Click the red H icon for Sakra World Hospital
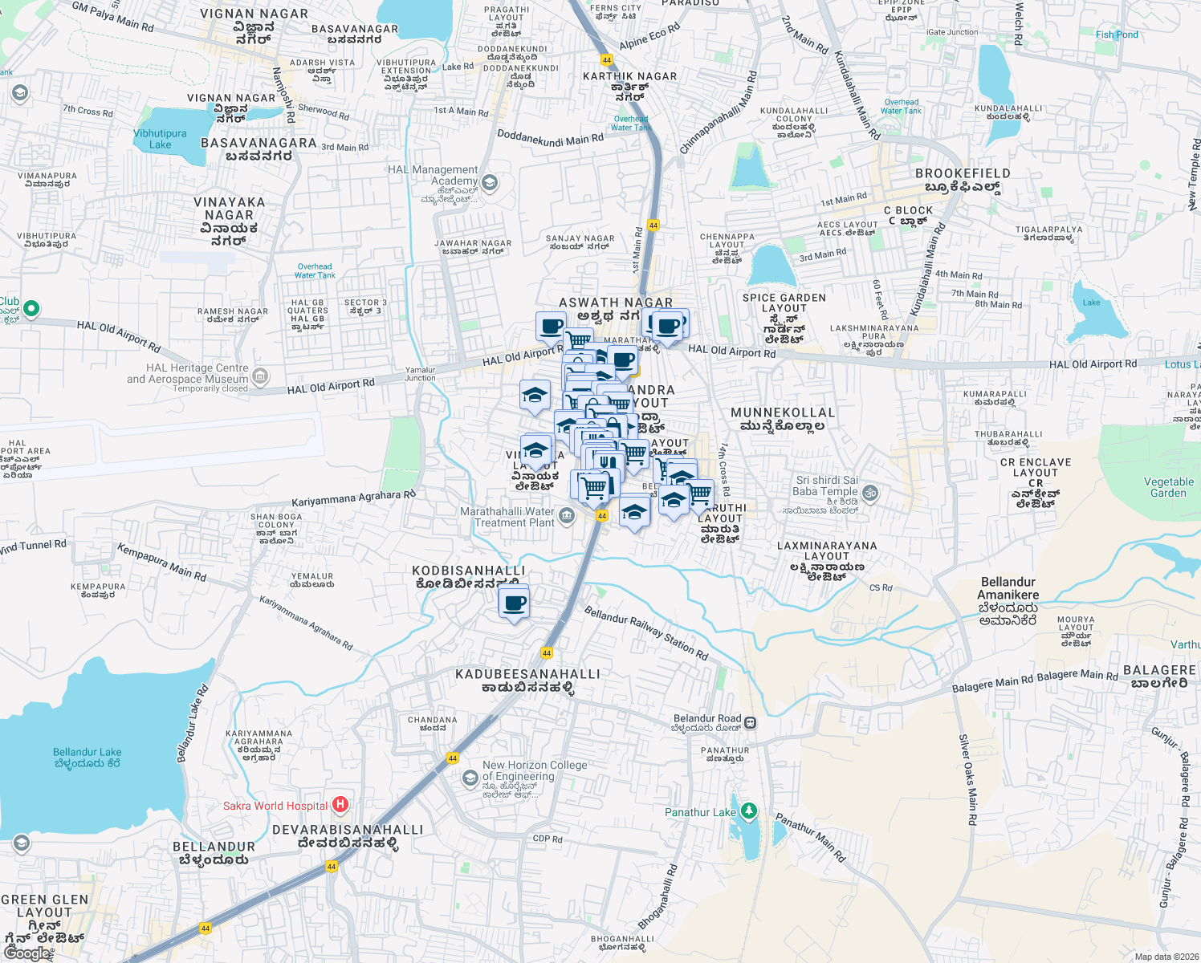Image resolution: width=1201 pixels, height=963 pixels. pos(340,804)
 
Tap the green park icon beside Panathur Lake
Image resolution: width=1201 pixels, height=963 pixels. pos(749,811)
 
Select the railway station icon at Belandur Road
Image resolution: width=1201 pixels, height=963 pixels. pos(750,722)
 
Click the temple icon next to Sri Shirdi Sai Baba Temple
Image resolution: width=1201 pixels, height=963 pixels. pos(870,492)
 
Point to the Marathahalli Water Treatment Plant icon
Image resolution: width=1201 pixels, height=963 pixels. pos(567,516)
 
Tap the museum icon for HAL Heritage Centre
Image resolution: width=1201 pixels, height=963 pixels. pos(260,376)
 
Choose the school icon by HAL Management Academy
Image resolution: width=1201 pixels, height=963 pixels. pos(490,183)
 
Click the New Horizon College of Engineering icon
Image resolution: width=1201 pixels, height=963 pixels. pos(470,778)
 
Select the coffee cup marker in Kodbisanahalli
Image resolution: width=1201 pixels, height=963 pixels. pos(514,603)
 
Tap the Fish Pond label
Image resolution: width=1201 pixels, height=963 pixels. pos(1117,35)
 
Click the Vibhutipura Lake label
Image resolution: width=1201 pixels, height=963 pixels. pos(160,139)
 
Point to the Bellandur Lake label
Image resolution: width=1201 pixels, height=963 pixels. pos(87,758)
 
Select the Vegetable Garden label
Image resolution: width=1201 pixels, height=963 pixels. pos(1168,487)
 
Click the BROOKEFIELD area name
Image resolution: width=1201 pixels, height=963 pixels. pos(963,173)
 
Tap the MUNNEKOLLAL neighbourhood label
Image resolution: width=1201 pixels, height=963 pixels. pos(783,412)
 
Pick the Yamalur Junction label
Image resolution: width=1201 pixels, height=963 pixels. pos(420,374)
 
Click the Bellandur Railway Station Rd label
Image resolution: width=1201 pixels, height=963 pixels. pos(646,633)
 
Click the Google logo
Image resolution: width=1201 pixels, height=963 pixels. pos(27,953)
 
